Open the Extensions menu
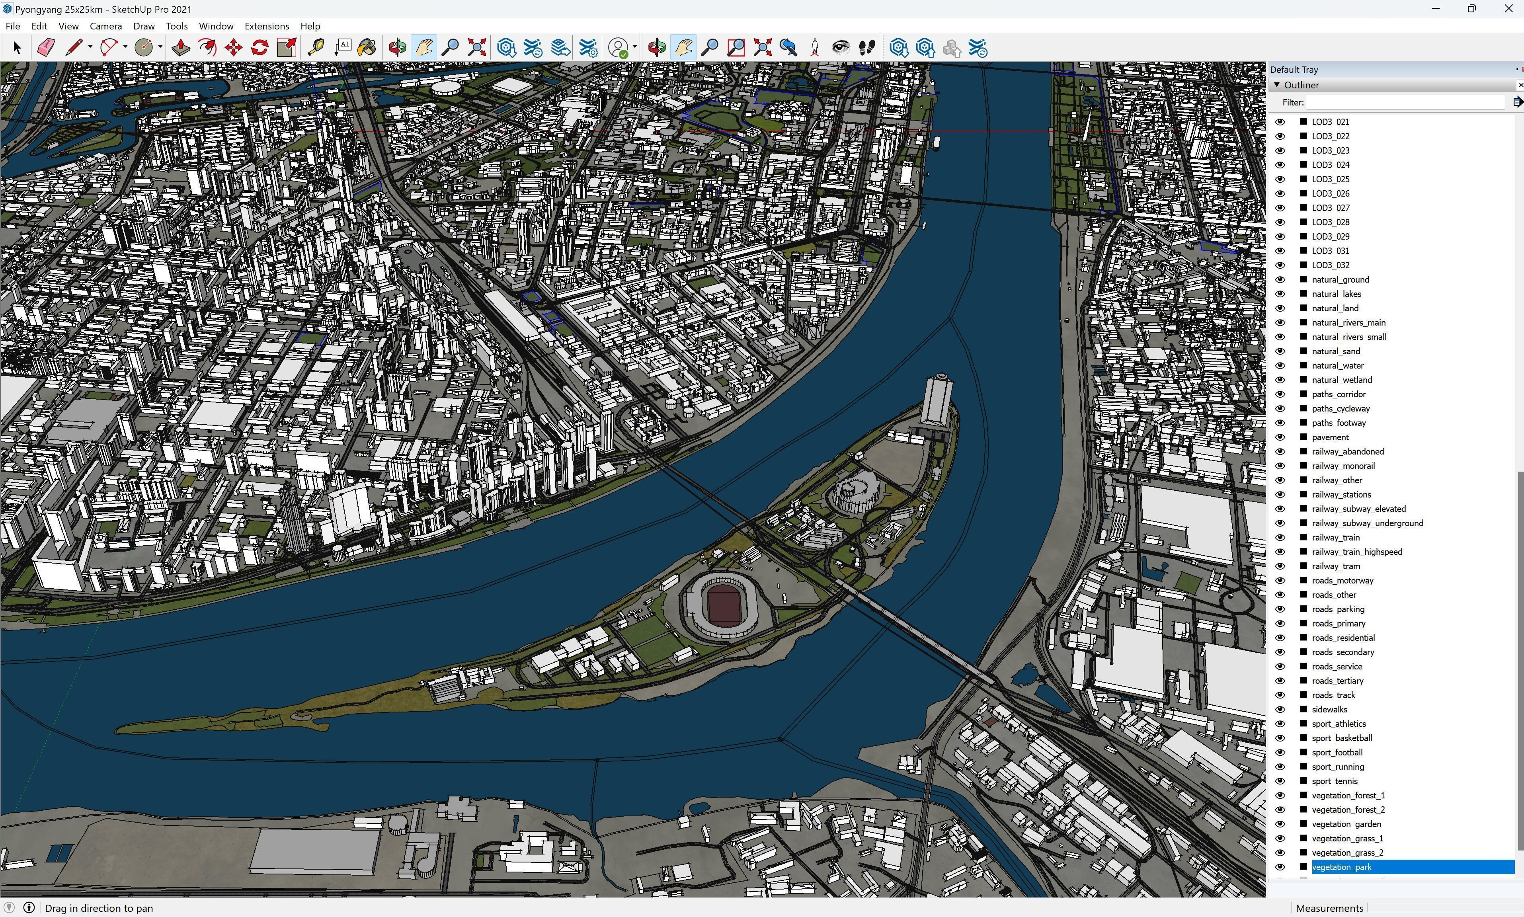click(x=266, y=26)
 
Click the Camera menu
click(x=105, y=26)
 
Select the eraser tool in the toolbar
click(x=46, y=48)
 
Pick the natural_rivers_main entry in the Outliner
click(x=1348, y=322)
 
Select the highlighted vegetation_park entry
click(x=1341, y=867)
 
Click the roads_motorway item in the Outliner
click(x=1342, y=580)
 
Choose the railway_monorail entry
click(x=1343, y=466)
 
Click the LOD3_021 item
click(x=1330, y=122)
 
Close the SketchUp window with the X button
click(x=1508, y=9)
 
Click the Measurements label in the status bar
click(x=1329, y=908)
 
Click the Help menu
click(x=310, y=26)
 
